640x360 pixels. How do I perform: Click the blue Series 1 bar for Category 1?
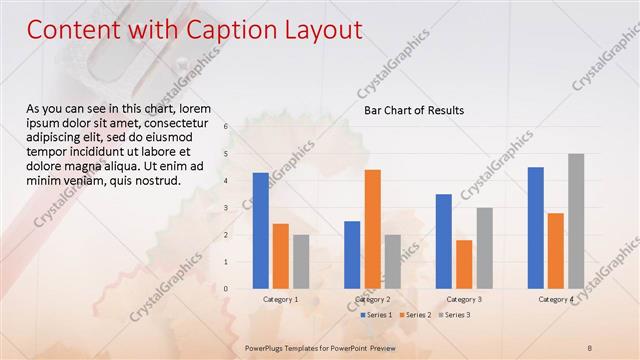point(261,231)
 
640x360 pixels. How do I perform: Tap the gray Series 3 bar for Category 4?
point(576,221)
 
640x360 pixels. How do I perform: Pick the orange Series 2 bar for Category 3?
point(464,264)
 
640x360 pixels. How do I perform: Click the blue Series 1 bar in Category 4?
point(536,228)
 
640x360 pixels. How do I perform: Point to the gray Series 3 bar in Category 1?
point(301,262)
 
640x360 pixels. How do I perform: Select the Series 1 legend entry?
point(375,315)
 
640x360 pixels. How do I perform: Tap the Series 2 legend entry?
point(417,315)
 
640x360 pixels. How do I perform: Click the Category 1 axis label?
point(281,299)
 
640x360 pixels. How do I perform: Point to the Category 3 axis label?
point(464,299)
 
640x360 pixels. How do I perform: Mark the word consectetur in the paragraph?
point(176,121)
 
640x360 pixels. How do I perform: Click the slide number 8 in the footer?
point(590,347)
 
